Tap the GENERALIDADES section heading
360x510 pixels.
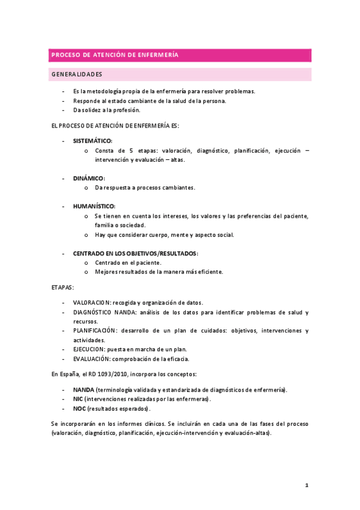coord(76,75)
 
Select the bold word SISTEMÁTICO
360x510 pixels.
coord(92,141)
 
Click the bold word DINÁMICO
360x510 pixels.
coord(88,179)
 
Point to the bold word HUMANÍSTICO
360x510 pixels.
coord(94,206)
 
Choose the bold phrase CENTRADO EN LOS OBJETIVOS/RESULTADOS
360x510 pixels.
coord(135,253)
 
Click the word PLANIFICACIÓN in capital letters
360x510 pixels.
coord(94,331)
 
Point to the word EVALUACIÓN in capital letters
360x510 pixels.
coord(91,359)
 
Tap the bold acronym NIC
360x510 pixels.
coord(78,399)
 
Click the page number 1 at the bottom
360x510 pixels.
coord(306,485)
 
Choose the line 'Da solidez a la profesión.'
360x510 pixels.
coord(106,110)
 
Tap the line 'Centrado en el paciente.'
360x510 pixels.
coord(127,263)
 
